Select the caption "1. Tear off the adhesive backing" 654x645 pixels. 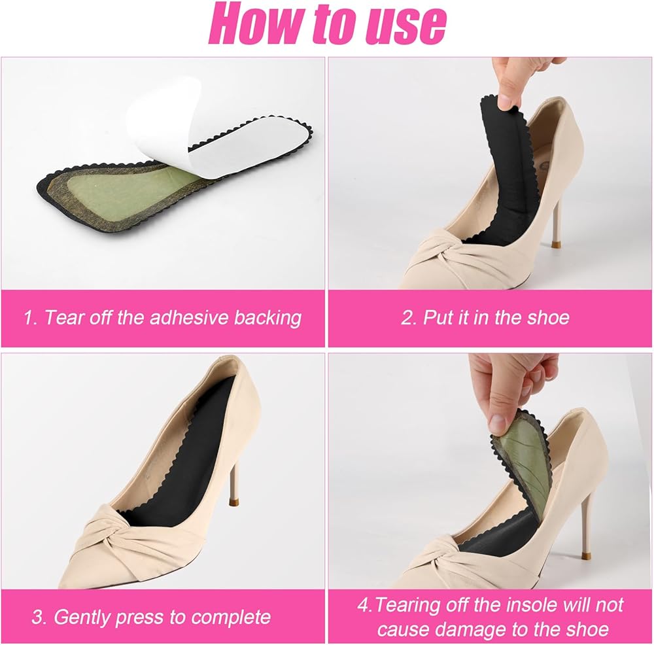[x=163, y=317]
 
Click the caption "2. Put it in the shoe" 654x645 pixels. [x=485, y=317]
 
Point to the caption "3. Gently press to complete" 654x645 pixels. [x=152, y=617]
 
